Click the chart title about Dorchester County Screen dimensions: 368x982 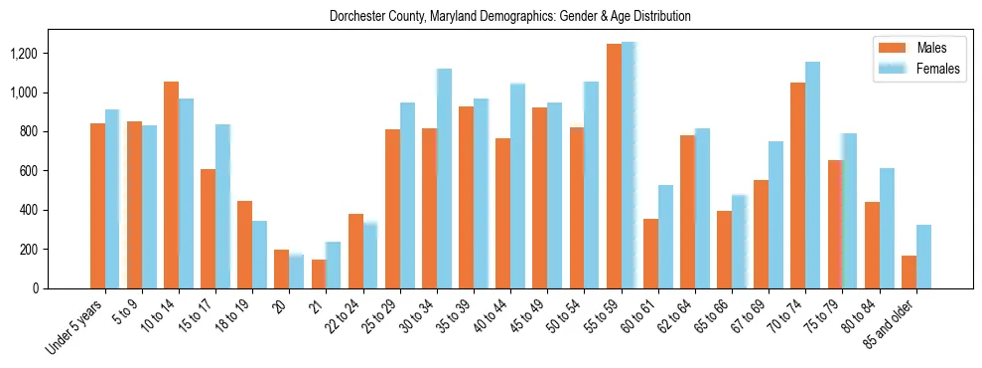[510, 17]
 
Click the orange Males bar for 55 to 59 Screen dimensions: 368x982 [614, 166]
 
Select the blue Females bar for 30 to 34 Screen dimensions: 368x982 [444, 179]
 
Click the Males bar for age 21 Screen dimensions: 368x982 [319, 274]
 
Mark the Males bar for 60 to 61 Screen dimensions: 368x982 [650, 254]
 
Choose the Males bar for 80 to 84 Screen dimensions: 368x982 [872, 246]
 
